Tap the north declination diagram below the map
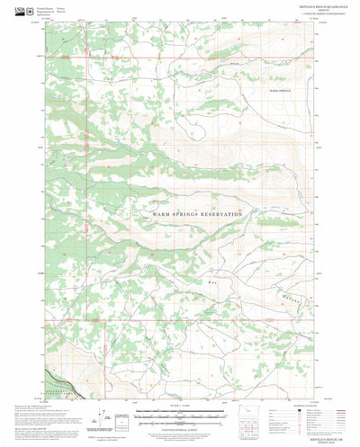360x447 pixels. (x=111, y=417)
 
